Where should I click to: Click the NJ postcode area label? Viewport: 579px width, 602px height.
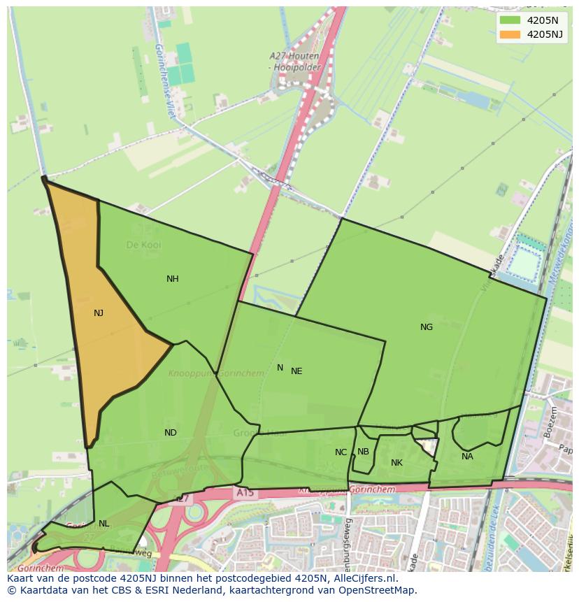click(x=99, y=313)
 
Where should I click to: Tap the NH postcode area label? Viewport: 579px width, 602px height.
click(x=172, y=279)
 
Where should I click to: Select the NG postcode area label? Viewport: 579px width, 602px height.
click(x=427, y=327)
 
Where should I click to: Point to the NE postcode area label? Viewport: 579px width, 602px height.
click(x=296, y=371)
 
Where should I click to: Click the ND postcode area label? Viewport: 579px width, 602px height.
click(x=170, y=433)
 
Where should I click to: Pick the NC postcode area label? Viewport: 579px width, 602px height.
click(x=341, y=452)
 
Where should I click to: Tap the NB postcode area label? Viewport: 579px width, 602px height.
click(x=363, y=452)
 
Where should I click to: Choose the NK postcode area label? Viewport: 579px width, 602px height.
click(x=396, y=463)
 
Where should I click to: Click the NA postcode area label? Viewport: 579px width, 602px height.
click(x=467, y=457)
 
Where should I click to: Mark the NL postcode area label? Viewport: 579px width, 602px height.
click(x=103, y=524)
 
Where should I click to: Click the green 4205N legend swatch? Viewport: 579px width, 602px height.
click(x=510, y=20)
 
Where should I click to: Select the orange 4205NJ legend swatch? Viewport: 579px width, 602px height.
click(x=510, y=34)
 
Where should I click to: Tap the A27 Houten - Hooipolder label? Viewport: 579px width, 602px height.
click(x=294, y=62)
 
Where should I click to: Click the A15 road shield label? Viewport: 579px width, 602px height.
click(x=245, y=493)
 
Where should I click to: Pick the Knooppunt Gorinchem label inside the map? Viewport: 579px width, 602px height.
click(x=216, y=373)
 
